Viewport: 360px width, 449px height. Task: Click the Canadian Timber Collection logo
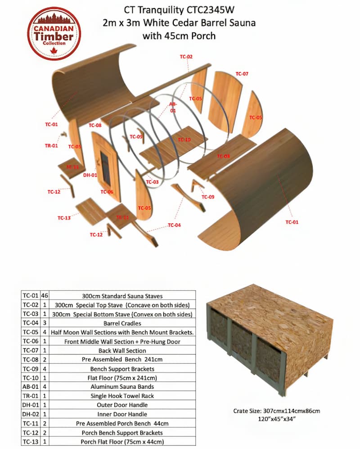pyautogui.click(x=54, y=33)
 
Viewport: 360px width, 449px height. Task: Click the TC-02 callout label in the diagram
pyautogui.click(x=186, y=57)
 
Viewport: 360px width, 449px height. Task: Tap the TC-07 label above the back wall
pyautogui.click(x=242, y=74)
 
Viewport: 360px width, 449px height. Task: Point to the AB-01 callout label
pyautogui.click(x=173, y=107)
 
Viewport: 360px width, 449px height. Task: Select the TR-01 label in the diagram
pyautogui.click(x=51, y=146)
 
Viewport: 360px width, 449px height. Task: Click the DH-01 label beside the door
pyautogui.click(x=90, y=175)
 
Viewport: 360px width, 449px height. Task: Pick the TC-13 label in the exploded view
pyautogui.click(x=64, y=218)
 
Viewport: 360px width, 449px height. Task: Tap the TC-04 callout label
pyautogui.click(x=174, y=225)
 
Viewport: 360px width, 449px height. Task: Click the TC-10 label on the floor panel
pyautogui.click(x=184, y=140)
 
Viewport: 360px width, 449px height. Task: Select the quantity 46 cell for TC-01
pyautogui.click(x=45, y=296)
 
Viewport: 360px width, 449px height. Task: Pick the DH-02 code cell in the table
pyautogui.click(x=30, y=414)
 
